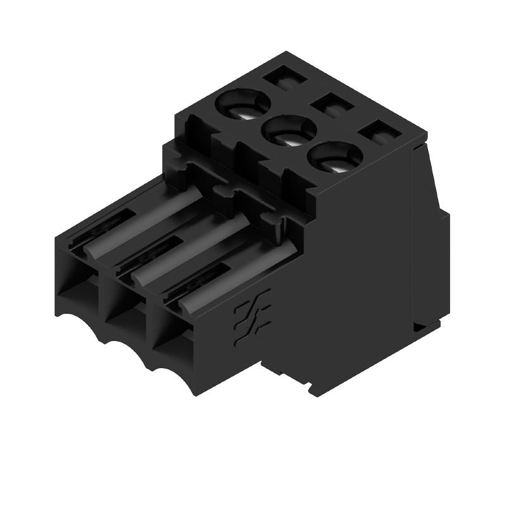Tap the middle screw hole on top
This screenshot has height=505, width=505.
(290, 131)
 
